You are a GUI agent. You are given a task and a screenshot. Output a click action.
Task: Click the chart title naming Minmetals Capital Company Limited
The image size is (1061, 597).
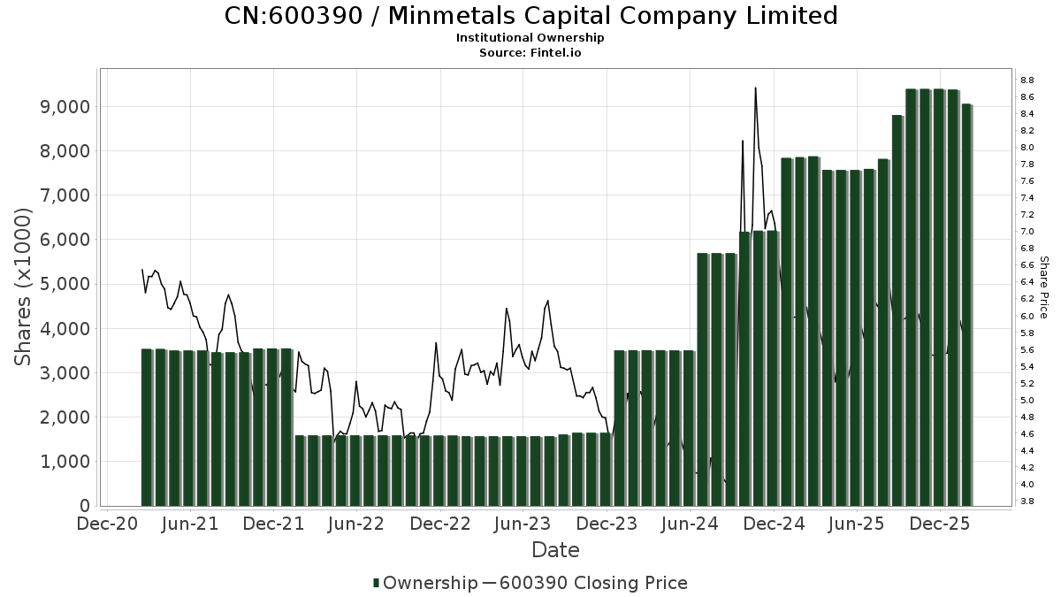tap(530, 16)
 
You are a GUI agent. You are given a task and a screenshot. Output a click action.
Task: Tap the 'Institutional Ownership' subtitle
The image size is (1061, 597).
tap(530, 38)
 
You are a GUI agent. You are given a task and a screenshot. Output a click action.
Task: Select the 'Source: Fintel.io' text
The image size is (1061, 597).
tap(530, 52)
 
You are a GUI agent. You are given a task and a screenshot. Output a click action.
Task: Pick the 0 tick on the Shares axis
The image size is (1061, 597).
tap(85, 506)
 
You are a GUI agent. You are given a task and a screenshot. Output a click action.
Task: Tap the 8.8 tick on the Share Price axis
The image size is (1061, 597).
tap(1027, 80)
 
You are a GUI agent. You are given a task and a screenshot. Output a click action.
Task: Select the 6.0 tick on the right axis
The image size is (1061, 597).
tap(1027, 316)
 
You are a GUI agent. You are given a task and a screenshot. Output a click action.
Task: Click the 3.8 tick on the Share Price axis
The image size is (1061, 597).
tap(1027, 501)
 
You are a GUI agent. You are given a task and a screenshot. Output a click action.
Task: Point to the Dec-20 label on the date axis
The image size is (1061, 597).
tap(107, 524)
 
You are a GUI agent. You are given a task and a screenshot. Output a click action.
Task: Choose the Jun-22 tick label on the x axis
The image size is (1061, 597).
tap(357, 524)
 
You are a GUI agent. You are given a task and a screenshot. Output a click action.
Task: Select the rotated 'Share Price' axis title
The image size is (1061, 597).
tap(1043, 287)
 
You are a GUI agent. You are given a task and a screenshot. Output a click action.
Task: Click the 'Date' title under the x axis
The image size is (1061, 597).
tap(555, 550)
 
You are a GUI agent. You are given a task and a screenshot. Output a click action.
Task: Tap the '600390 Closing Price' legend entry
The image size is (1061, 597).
tap(592, 583)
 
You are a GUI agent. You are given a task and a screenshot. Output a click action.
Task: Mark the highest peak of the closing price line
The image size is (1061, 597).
tap(755, 88)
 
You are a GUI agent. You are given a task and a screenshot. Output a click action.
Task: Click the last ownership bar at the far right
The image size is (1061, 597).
tap(966, 305)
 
